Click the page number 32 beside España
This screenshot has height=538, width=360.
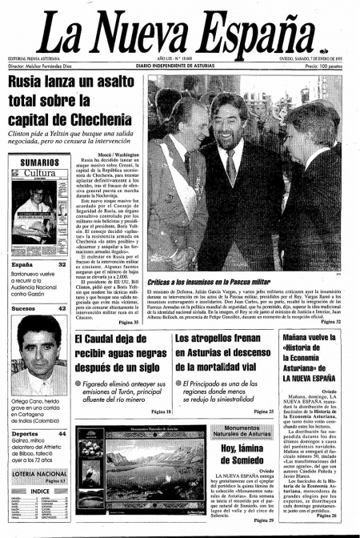pos(62,263)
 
